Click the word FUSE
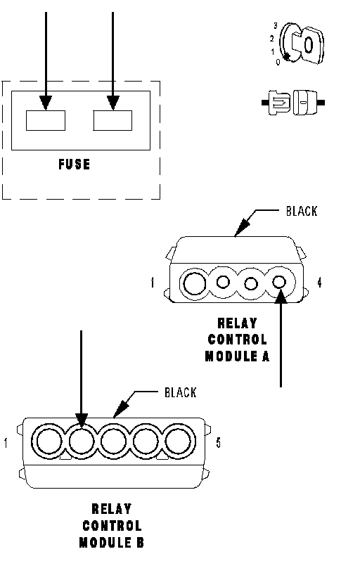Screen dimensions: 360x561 75,165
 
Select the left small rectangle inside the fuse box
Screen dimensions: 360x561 46,121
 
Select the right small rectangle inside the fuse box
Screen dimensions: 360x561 112,121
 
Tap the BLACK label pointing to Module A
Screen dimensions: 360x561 302,211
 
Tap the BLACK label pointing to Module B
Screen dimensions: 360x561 181,392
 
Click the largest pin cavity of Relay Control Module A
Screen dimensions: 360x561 195,284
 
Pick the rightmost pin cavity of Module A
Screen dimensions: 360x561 279,283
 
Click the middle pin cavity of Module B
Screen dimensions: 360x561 114,441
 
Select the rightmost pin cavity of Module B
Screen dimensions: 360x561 178,441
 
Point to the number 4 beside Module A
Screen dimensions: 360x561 319,283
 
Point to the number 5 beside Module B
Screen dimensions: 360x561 218,443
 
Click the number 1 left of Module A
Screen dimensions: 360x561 153,283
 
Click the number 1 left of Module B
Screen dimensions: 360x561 6,443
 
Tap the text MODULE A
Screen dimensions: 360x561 237,356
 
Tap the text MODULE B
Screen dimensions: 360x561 112,543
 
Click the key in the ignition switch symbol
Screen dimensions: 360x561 309,45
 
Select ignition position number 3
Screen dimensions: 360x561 275,26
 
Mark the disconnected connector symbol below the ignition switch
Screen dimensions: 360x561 293,103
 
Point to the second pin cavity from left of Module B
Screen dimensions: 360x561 82,441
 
